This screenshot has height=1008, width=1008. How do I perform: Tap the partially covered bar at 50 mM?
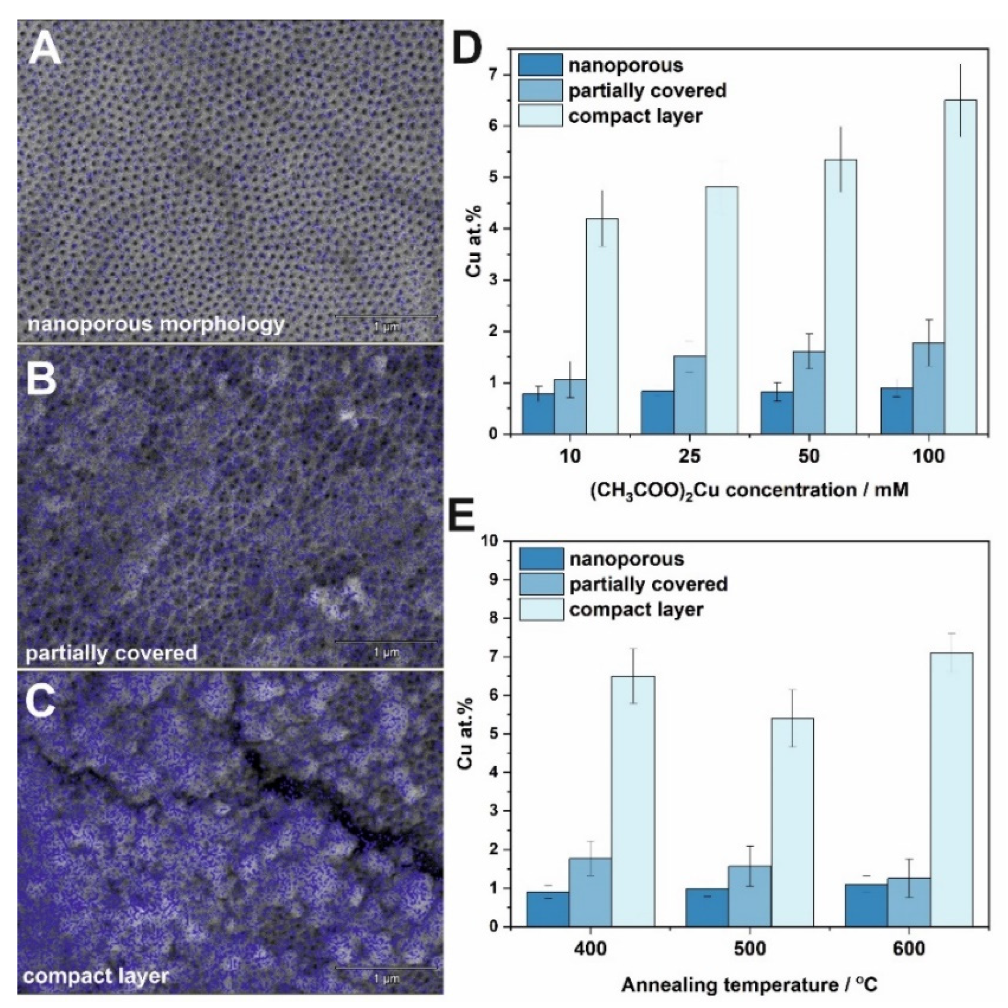tap(809, 392)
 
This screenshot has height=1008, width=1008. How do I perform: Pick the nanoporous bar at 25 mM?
tap(657, 412)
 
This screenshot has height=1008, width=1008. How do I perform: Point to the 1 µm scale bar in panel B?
tap(386, 641)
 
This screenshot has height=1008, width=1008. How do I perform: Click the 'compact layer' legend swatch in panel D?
tap(540, 116)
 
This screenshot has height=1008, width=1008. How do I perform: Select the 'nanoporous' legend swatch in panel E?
tap(541, 559)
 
